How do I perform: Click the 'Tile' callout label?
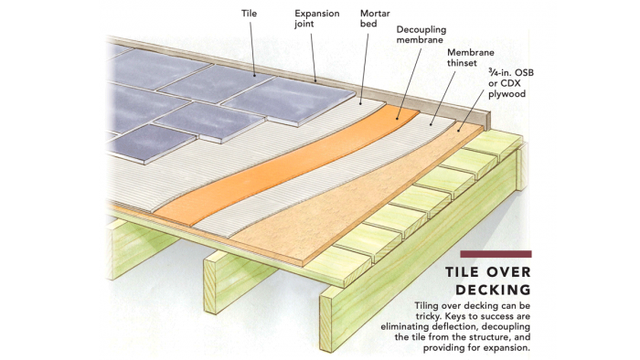pyautogui.click(x=249, y=14)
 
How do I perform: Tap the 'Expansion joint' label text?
pyautogui.click(x=317, y=19)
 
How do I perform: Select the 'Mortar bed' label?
pyautogui.click(x=375, y=19)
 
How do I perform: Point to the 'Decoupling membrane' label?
pyautogui.click(x=421, y=35)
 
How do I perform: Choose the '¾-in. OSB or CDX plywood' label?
pyautogui.click(x=511, y=83)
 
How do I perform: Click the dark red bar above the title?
pyautogui.click(x=496, y=254)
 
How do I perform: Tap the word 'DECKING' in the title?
pyautogui.click(x=493, y=290)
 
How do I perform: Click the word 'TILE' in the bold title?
pyautogui.click(x=462, y=272)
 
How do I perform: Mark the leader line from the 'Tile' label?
pyautogui.click(x=252, y=48)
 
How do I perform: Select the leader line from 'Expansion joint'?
pyautogui.click(x=314, y=57)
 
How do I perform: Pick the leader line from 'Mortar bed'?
pyautogui.click(x=365, y=69)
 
